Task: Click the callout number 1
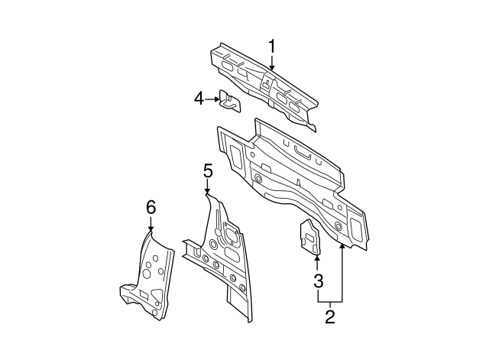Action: tap(271, 47)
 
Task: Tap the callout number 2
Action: tap(330, 314)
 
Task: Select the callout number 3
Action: tap(318, 281)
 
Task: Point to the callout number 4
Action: tap(199, 98)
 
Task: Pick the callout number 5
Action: tap(207, 170)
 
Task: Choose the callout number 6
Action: tap(151, 206)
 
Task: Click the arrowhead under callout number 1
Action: tap(271, 70)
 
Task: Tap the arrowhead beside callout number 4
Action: tap(217, 98)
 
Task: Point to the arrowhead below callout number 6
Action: tap(151, 229)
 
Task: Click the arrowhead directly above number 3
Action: tap(318, 258)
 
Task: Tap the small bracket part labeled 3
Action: tap(310, 236)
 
